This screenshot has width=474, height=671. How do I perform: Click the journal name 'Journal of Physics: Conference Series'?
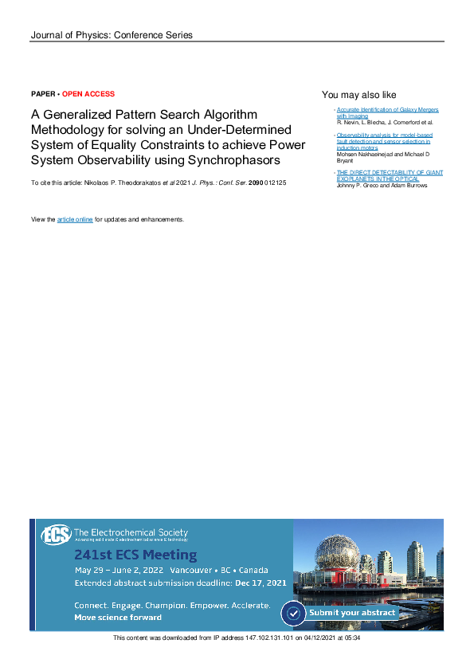point(111,35)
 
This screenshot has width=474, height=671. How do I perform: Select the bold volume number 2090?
point(256,183)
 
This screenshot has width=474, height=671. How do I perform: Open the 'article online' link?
point(75,219)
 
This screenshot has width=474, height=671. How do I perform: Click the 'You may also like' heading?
point(358,95)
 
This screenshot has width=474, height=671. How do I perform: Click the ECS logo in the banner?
point(56,535)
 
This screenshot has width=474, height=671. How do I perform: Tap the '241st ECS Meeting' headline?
point(135,555)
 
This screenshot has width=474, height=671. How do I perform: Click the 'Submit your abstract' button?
point(351,612)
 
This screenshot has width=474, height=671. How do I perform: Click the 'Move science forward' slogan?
point(118,618)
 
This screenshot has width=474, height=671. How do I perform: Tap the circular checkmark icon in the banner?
point(293,613)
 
